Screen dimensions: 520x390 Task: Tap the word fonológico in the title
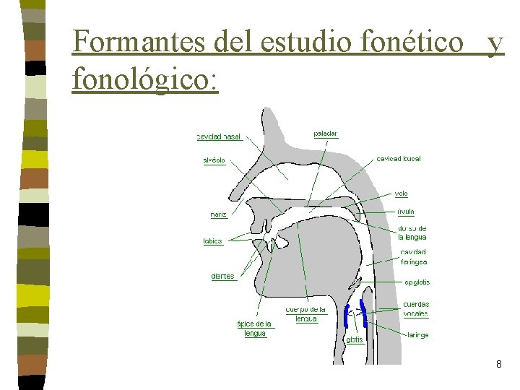click(144, 79)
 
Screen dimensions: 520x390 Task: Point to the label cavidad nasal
click(219, 136)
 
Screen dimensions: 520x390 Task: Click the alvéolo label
click(214, 160)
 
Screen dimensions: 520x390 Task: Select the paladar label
click(326, 134)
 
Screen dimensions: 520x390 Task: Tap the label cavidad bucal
click(399, 158)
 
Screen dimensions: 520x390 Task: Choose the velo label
click(402, 194)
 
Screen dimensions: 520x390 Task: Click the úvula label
click(405, 212)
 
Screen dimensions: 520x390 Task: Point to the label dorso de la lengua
click(412, 233)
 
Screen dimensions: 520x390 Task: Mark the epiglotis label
click(417, 282)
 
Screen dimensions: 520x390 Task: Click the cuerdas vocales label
click(416, 309)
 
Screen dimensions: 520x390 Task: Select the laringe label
click(417, 335)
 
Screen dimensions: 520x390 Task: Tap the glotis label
click(355, 339)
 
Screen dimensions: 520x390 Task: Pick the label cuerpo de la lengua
click(306, 314)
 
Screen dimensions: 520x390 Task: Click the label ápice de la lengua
click(255, 329)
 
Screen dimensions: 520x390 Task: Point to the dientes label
click(223, 277)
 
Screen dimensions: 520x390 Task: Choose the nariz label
click(219, 214)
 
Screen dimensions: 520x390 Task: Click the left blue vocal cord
click(347, 316)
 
